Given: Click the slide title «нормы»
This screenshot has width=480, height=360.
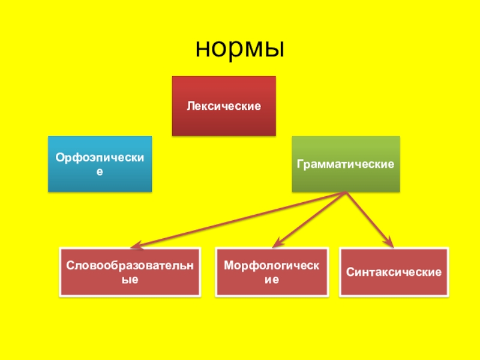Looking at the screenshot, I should [240, 47].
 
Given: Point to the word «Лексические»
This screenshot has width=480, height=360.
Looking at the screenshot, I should [224, 106].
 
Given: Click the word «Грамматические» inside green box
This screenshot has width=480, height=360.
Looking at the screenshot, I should [345, 164].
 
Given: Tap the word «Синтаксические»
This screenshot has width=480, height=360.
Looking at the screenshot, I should [393, 272].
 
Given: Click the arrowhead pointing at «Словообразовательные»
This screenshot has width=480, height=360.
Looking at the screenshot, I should [136, 245].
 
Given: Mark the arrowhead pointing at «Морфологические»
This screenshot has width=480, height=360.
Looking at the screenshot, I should [277, 244].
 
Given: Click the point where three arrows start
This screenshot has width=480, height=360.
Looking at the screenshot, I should [347, 193].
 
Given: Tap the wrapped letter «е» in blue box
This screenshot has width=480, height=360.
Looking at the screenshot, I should [100, 172].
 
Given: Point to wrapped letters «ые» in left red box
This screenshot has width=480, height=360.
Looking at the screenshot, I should [130, 279].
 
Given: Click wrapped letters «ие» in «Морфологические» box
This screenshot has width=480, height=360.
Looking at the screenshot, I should [272, 279].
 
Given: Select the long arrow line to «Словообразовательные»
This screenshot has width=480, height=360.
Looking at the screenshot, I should [240, 219].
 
